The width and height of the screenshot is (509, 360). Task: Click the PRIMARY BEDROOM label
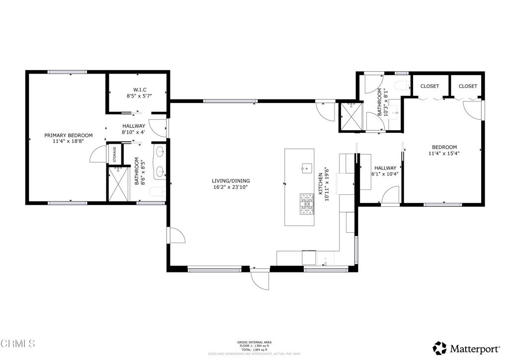click(68, 135)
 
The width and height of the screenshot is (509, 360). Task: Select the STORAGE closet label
click(114, 154)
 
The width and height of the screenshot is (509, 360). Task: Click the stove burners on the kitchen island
click(307, 204)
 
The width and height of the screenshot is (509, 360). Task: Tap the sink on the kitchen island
click(306, 167)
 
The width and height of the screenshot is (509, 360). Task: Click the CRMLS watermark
click(18, 344)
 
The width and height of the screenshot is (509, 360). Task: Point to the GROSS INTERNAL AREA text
click(254, 342)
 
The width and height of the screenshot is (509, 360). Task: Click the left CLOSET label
click(429, 86)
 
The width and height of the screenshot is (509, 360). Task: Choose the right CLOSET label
click(468, 86)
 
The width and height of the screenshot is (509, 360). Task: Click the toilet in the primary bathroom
click(159, 192)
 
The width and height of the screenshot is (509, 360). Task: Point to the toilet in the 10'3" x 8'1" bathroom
click(401, 86)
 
